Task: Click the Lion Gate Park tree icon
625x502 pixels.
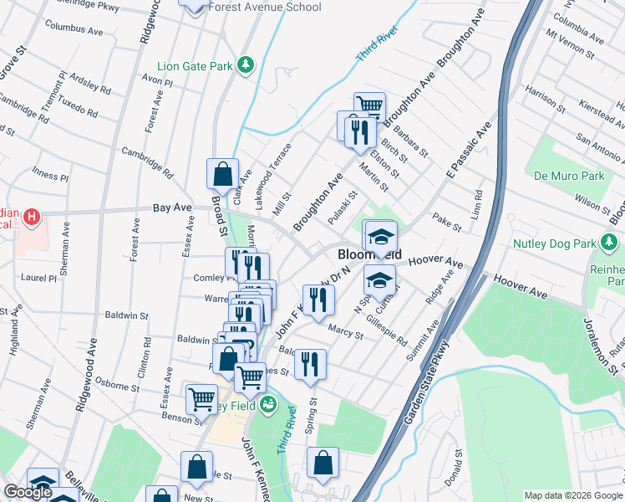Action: click(245, 64)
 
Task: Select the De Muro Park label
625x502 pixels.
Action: click(569, 177)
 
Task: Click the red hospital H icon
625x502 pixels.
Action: click(32, 218)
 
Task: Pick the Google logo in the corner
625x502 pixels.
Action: click(28, 493)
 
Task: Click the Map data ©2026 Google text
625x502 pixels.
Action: click(573, 495)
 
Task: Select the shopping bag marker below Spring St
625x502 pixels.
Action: click(323, 463)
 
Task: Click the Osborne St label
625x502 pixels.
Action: click(117, 385)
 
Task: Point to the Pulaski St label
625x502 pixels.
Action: click(343, 206)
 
